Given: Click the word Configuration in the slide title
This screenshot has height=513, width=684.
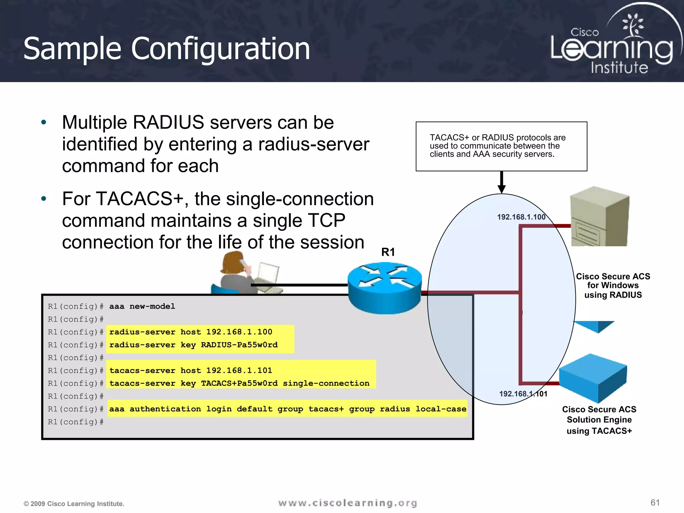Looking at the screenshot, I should (220, 49).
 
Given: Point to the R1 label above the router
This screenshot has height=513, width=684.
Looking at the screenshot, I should (388, 252).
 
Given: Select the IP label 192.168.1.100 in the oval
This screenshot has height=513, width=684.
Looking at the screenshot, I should (521, 217).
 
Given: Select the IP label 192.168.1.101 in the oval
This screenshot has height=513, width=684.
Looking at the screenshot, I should (523, 394).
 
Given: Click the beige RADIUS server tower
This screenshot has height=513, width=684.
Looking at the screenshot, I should (600, 217).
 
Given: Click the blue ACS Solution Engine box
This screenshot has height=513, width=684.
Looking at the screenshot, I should (593, 377).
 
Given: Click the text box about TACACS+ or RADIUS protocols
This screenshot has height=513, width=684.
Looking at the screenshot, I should (501, 146).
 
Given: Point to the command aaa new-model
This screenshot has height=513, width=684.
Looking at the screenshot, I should (142, 306).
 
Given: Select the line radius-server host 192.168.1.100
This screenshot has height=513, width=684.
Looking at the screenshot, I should (191, 332).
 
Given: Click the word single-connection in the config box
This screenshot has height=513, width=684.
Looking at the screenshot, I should (326, 383).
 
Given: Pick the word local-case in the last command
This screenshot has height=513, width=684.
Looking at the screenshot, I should (441, 409).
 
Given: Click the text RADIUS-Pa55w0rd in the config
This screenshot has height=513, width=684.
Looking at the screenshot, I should (239, 345).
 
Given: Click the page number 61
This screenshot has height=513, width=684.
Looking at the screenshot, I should (655, 503).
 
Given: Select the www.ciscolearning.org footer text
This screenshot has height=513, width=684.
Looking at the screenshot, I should (347, 503).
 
